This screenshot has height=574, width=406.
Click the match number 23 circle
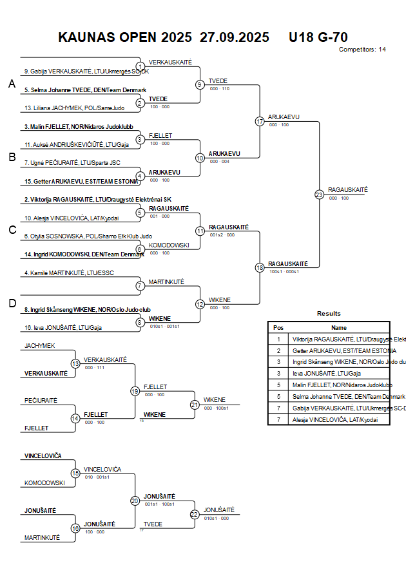(x=319, y=195)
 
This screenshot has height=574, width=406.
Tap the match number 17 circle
(x=260, y=121)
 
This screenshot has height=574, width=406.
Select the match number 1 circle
(x=140, y=66)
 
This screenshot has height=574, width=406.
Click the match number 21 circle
(x=195, y=405)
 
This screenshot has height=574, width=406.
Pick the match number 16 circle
(x=75, y=528)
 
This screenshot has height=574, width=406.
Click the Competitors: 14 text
(x=362, y=49)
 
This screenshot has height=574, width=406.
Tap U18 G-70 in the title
(x=318, y=37)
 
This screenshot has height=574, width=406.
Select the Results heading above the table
(x=329, y=314)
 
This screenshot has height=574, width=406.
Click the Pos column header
(x=278, y=327)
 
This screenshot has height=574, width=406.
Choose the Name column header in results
(x=339, y=327)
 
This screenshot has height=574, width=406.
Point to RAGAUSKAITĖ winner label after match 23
(x=347, y=190)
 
